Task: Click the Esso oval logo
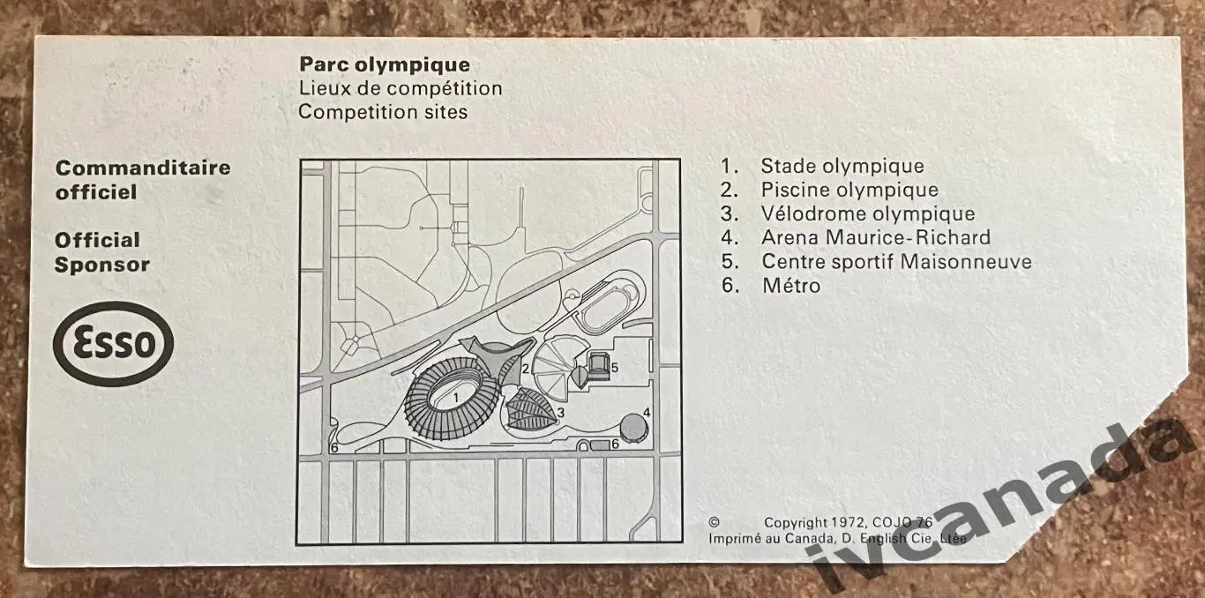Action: point(113,344)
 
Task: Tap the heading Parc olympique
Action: point(385,65)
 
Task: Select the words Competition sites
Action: point(383,112)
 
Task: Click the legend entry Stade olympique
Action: point(842,166)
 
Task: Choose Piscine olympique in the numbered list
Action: point(849,190)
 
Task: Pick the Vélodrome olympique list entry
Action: point(868,213)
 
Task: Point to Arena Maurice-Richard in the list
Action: point(876,237)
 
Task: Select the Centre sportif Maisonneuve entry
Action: point(897,261)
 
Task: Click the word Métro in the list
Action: point(791,286)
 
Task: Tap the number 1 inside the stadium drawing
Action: point(456,398)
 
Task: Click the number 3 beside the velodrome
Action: point(560,413)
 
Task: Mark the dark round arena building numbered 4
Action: point(633,428)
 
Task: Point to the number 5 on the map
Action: point(614,368)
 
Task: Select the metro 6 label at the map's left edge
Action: point(334,447)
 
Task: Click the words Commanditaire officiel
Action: point(143,180)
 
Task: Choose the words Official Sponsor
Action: point(101,252)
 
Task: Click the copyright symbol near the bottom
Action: point(714,521)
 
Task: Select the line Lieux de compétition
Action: point(400,88)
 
